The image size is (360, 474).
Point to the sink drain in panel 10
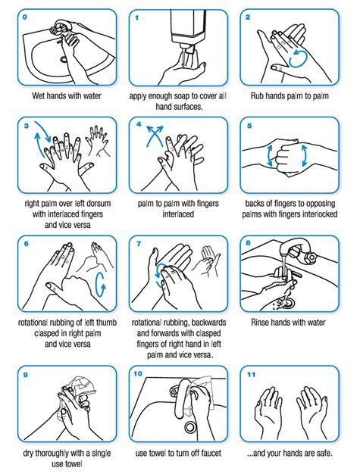click(x=190, y=427)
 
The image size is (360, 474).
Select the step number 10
click(x=137, y=374)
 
